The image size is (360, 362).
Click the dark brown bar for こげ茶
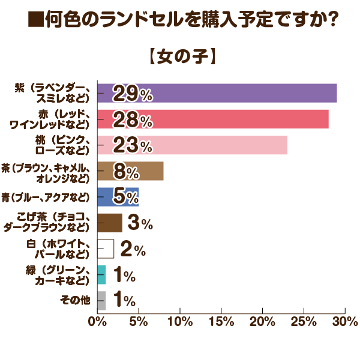pyautogui.click(x=109, y=223)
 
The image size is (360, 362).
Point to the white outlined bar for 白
pyautogui.click(x=105, y=249)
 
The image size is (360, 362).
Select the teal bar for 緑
pyautogui.click(x=101, y=275)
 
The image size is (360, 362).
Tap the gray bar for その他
pyautogui.click(x=101, y=300)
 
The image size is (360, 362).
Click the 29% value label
pyautogui.click(x=132, y=94)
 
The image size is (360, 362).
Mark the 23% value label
pyautogui.click(x=132, y=145)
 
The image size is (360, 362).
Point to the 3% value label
pyautogui.click(x=140, y=223)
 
